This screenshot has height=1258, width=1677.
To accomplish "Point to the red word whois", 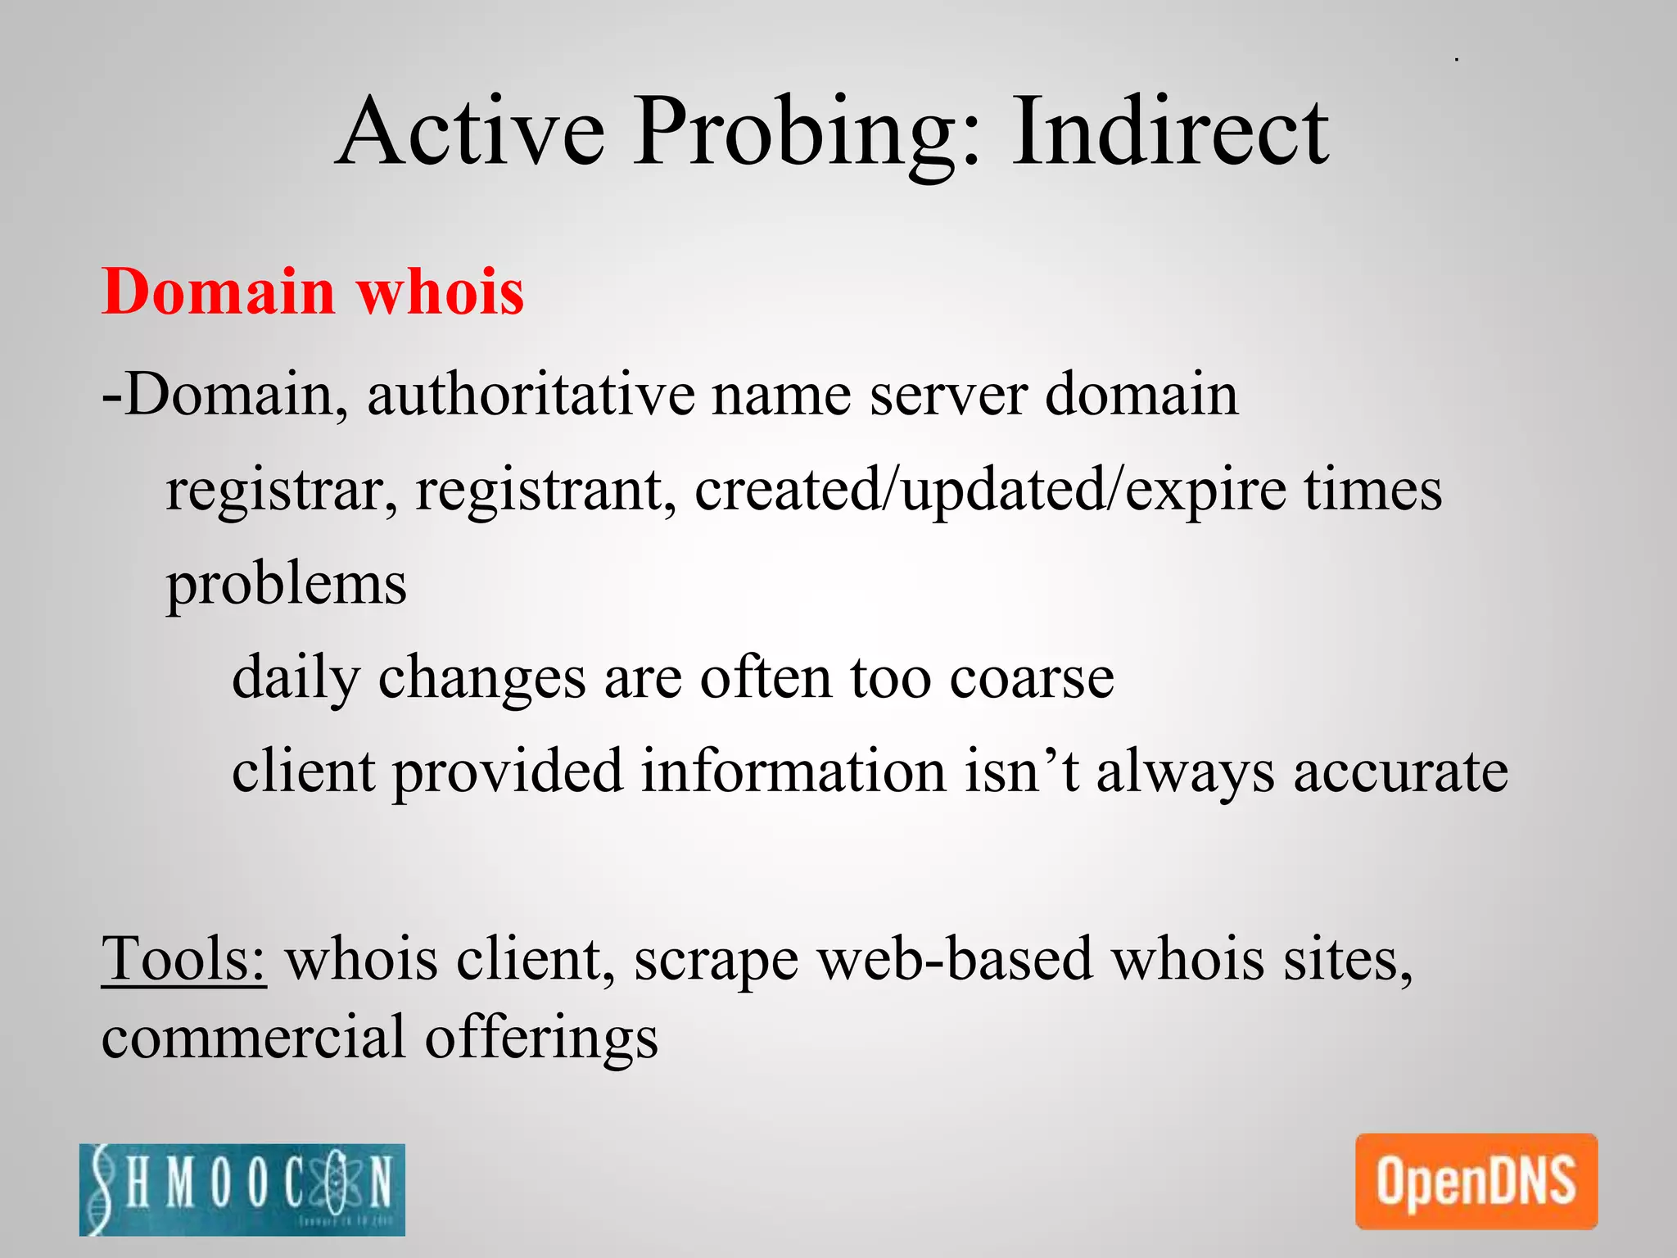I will pos(441,292).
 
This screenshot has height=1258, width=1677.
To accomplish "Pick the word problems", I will pos(287,585).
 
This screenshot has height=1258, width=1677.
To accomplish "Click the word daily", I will pos(296,678).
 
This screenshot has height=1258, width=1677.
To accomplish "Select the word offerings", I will pos(541,1037).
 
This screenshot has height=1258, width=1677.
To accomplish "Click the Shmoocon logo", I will pos(242,1188).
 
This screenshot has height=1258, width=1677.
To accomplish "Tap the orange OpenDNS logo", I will pos(1476,1181).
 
